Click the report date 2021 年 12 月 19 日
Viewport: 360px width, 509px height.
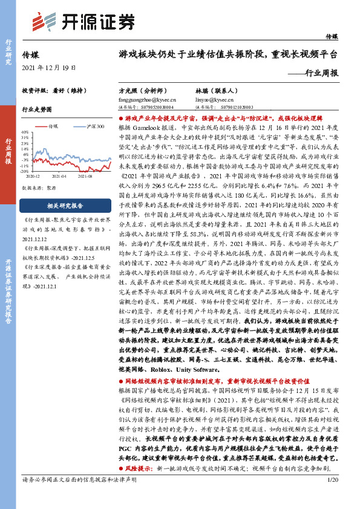(x=48, y=67)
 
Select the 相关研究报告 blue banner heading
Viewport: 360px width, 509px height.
(x=67, y=206)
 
